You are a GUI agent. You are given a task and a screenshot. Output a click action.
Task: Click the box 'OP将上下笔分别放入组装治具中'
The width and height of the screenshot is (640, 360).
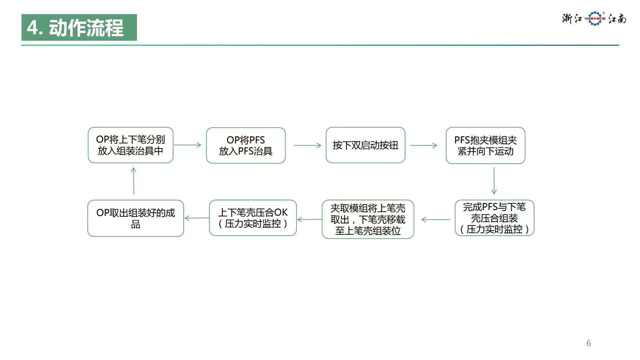(x=130, y=145)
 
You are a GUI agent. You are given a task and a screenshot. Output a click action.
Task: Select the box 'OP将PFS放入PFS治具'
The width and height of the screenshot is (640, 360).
(x=246, y=145)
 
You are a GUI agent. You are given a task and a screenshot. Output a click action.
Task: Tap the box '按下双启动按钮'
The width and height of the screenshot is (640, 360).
(x=365, y=145)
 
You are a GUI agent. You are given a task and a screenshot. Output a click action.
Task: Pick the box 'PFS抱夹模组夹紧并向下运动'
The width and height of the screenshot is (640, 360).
(x=485, y=145)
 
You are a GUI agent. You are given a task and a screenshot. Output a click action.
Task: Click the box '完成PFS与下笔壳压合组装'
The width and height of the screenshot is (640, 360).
(x=494, y=218)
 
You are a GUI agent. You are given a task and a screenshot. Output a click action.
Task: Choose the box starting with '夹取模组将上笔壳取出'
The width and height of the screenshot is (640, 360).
(x=368, y=219)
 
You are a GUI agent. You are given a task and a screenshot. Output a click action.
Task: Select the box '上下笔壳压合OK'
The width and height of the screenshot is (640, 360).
(x=253, y=218)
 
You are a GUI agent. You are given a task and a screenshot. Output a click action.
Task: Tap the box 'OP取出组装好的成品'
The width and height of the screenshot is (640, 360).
(x=135, y=218)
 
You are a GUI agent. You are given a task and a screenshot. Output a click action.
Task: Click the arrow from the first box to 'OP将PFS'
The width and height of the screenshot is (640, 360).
(x=188, y=145)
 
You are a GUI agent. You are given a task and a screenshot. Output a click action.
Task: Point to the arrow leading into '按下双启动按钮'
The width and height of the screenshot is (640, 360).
(x=307, y=145)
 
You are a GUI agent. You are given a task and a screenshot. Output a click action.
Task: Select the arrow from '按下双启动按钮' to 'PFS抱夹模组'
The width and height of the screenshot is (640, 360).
(x=423, y=145)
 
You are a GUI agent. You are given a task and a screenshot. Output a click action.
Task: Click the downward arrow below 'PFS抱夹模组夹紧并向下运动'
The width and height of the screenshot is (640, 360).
(x=494, y=181)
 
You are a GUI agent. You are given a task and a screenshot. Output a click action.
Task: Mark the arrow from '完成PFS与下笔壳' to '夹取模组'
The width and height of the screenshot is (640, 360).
(x=436, y=219)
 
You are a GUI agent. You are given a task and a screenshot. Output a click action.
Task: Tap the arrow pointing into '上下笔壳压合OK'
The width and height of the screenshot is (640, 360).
(x=309, y=219)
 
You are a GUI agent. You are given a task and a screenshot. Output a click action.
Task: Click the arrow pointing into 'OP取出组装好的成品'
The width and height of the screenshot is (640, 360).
(x=197, y=218)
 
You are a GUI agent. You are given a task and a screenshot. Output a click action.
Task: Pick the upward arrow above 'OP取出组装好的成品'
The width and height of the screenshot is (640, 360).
(x=134, y=181)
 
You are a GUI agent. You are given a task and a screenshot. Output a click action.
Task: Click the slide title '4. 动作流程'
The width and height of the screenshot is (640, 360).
(x=79, y=27)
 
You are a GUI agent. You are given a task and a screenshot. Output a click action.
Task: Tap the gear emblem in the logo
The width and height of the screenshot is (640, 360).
(x=595, y=19)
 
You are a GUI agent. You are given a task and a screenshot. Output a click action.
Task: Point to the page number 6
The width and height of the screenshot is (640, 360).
(x=589, y=343)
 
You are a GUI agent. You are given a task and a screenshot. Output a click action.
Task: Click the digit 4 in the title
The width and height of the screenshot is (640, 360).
(x=33, y=28)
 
